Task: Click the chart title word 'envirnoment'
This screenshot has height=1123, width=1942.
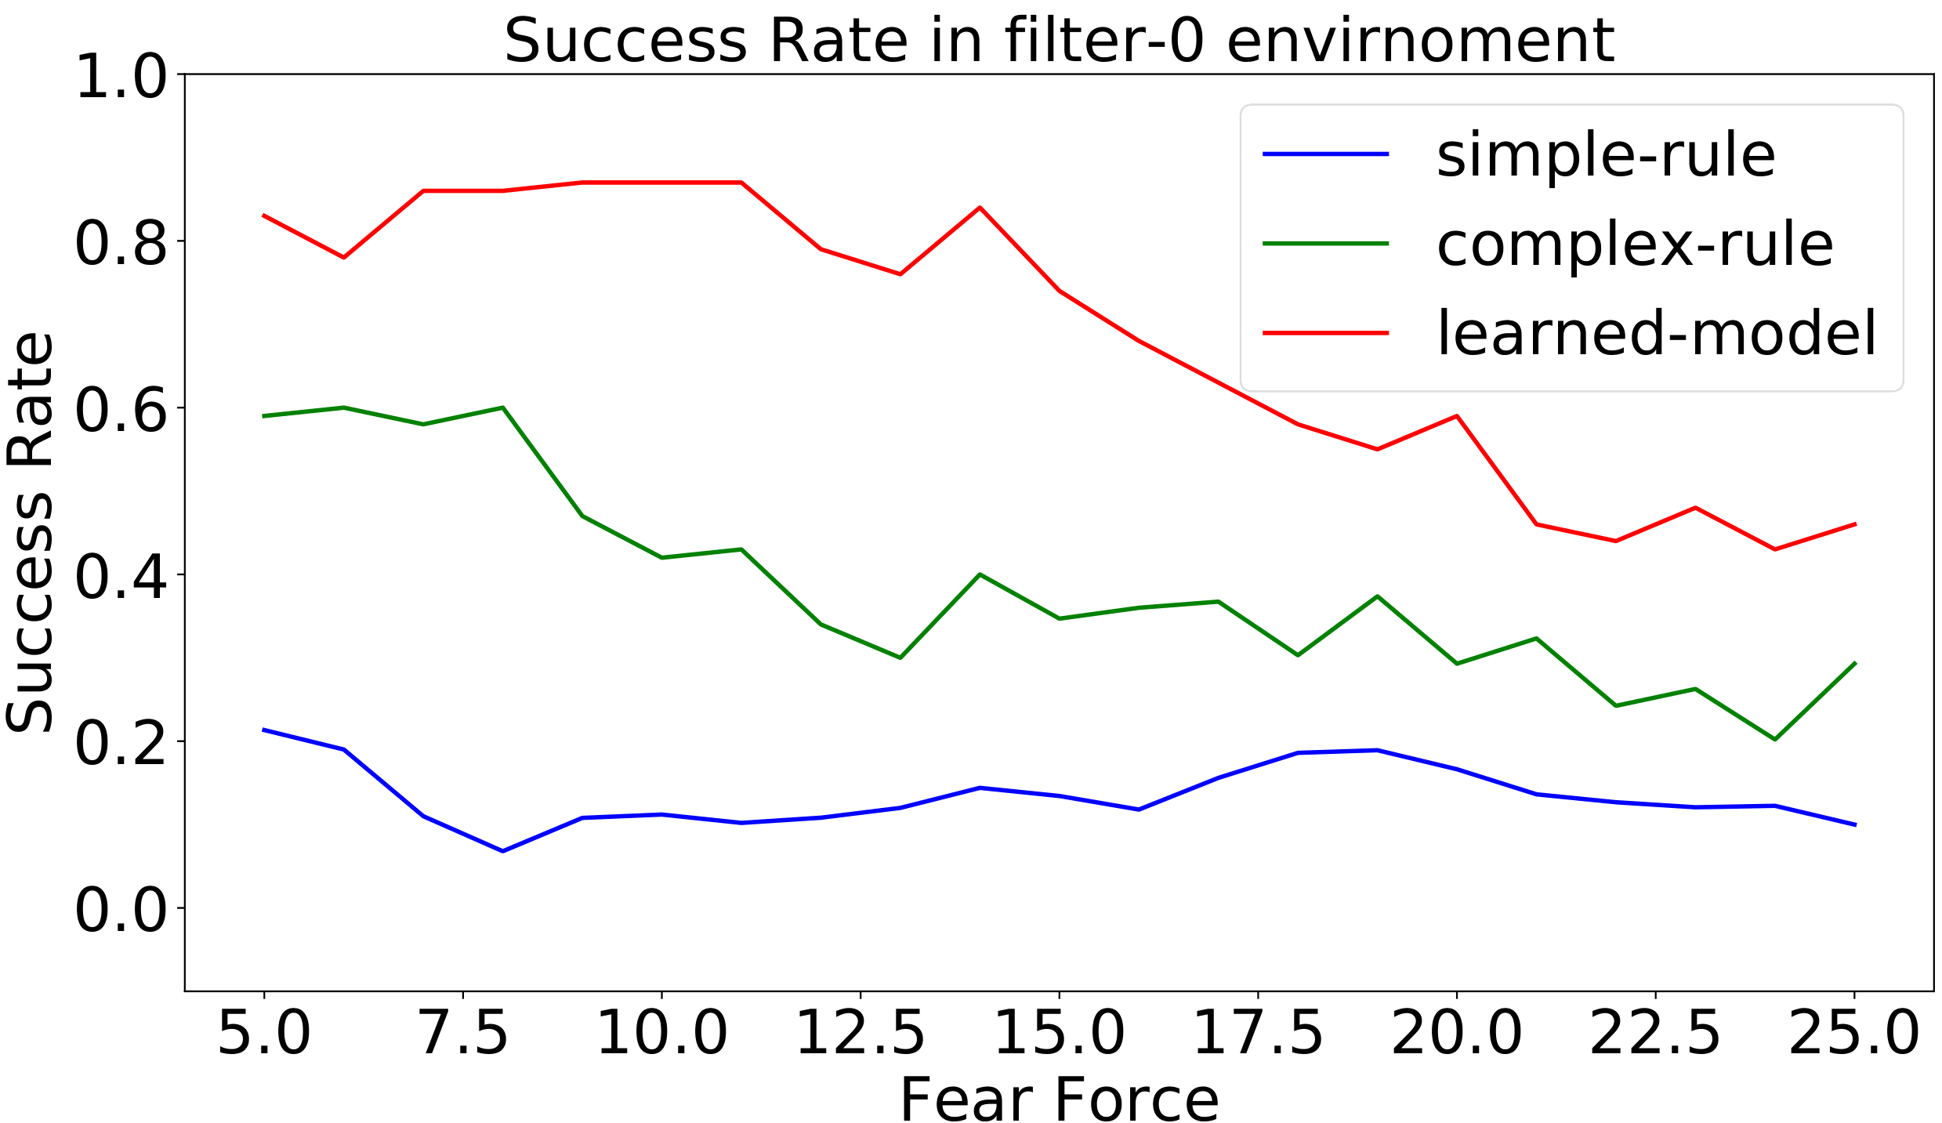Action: coord(1419,41)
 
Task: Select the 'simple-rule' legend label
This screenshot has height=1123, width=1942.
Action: coord(1605,155)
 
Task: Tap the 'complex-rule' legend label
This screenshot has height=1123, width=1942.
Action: coord(1635,245)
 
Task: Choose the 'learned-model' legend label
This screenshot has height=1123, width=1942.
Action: coord(1657,333)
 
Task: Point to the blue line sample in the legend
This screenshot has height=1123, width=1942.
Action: coord(1325,154)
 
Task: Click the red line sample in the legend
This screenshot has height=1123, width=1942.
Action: coord(1325,333)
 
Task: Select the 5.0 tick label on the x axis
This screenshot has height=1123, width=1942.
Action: coord(264,1034)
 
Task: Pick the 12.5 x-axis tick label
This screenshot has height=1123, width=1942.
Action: coord(860,1034)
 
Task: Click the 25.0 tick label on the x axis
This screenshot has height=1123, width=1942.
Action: coord(1853,1034)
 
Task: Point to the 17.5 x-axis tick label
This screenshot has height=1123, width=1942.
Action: coord(1258,1034)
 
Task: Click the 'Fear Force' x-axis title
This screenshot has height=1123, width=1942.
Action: coord(1059,1099)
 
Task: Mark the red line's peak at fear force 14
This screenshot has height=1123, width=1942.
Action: coord(980,208)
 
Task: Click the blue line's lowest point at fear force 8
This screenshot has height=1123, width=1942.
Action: coord(502,851)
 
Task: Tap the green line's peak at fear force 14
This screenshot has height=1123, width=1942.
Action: coord(980,574)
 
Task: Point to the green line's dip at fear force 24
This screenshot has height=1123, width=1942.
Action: coord(1774,740)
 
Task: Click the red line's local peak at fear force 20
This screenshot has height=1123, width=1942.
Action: coord(1456,415)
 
